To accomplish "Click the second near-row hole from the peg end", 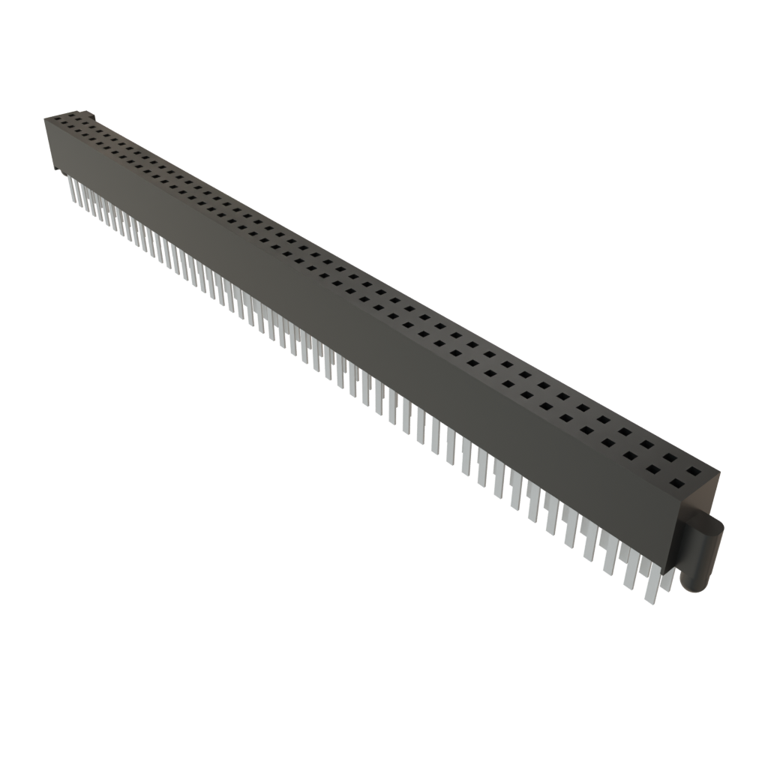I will coord(654,469).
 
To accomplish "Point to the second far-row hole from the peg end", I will coord(670,460).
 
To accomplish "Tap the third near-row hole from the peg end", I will coord(632,457).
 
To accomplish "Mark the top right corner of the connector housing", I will coord(718,471).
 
